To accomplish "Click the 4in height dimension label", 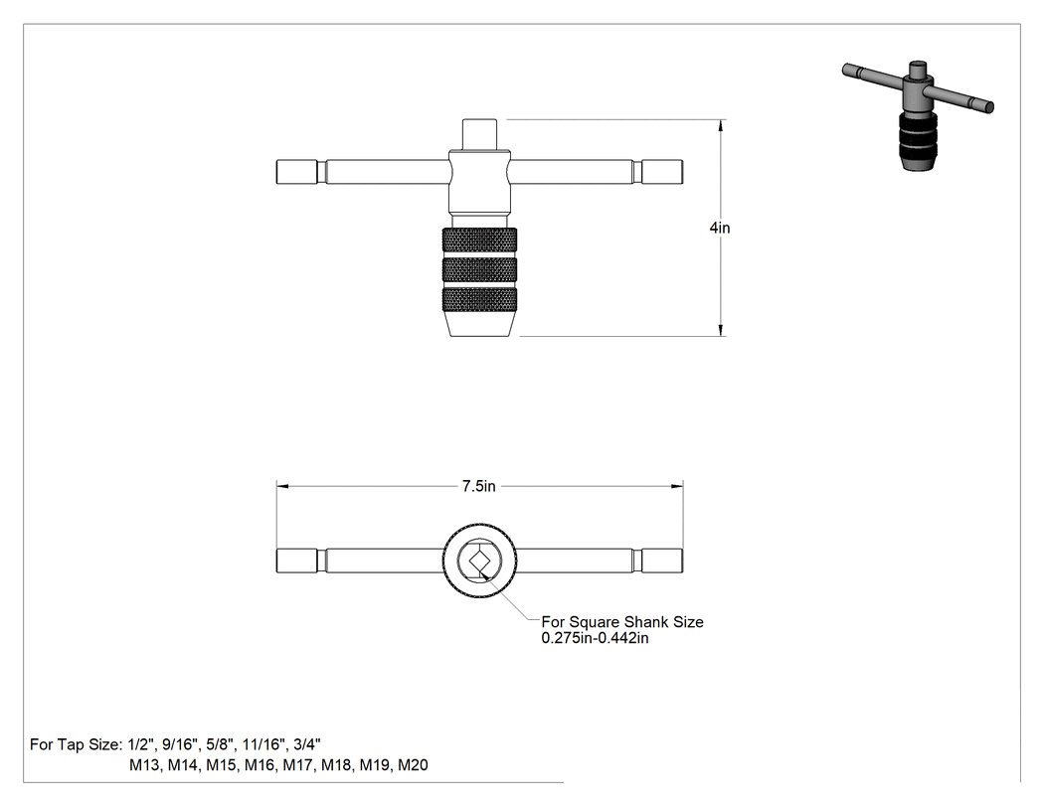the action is (x=720, y=228).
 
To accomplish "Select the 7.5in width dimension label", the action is (x=478, y=487).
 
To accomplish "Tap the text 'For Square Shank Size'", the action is (x=622, y=622).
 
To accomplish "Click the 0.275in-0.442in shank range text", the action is (x=596, y=638).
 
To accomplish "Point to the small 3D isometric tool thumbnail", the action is (x=918, y=114).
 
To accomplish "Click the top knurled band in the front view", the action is (x=479, y=241).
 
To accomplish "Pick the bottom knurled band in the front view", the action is (x=479, y=300).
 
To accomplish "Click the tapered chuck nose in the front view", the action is (x=479, y=325).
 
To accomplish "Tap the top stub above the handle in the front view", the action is (x=479, y=135).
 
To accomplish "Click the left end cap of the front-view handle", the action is (x=297, y=172).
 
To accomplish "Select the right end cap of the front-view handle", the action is (x=662, y=172).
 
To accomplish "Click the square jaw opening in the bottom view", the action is (x=479, y=562).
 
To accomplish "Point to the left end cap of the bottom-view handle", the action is (x=297, y=562).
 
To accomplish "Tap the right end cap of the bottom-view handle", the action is (x=662, y=562).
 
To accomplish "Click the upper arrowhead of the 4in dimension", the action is (x=721, y=126).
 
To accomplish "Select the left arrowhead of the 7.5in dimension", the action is (x=283, y=487).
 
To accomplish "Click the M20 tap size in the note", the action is (x=413, y=765).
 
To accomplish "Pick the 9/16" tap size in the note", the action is (x=180, y=744).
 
